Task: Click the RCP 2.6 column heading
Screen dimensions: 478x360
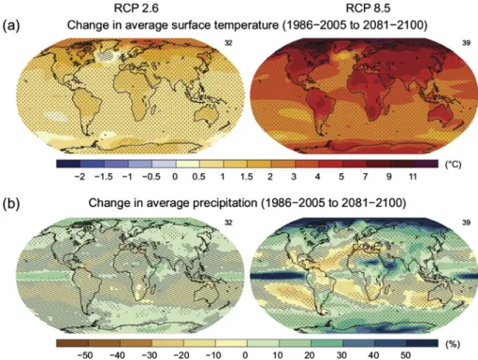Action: (x=137, y=7)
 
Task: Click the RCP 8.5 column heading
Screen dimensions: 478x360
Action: (x=368, y=7)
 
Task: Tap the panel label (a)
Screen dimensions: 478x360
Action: (x=11, y=25)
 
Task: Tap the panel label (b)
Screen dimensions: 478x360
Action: (x=11, y=204)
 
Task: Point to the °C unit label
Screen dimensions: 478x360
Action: (x=453, y=165)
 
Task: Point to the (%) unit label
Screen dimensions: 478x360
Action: (x=453, y=344)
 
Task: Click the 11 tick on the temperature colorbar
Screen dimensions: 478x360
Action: (x=413, y=177)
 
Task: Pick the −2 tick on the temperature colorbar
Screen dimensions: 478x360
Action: (x=80, y=177)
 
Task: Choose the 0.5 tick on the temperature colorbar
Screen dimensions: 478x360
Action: (x=198, y=177)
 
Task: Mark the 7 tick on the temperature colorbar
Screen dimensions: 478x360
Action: (x=365, y=177)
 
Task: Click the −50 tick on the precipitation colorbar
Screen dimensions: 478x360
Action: (x=85, y=355)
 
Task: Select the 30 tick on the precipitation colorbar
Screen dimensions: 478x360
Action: (x=341, y=355)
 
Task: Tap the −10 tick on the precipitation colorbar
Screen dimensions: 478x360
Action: (x=213, y=355)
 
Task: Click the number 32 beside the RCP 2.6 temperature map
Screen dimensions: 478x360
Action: (x=228, y=43)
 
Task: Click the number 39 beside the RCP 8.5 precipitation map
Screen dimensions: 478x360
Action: (x=466, y=223)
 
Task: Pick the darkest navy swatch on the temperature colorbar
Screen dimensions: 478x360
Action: (x=68, y=164)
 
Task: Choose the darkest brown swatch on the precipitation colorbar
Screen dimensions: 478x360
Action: (x=72, y=343)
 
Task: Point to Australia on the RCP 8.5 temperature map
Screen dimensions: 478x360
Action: (x=441, y=114)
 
